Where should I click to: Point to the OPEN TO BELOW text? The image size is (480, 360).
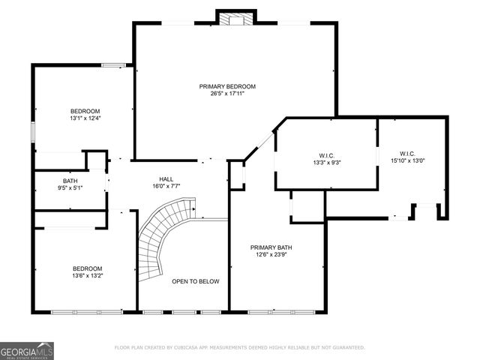click(195, 281)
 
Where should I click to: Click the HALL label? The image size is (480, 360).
click(166, 179)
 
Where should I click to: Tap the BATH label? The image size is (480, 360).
click(70, 180)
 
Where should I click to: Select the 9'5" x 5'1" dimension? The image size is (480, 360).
click(70, 187)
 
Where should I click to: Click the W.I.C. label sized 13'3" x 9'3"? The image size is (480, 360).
click(327, 154)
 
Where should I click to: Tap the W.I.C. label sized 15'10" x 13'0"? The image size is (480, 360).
click(407, 153)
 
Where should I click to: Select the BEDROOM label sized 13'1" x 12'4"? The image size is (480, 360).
click(85, 111)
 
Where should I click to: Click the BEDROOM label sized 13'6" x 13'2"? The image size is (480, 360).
click(87, 268)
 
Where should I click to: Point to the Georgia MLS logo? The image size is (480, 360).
click(26, 350)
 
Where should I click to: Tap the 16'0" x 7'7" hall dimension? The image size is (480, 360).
click(166, 187)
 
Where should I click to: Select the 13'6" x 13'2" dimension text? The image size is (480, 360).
click(87, 275)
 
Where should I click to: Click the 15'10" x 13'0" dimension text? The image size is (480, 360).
click(407, 160)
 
